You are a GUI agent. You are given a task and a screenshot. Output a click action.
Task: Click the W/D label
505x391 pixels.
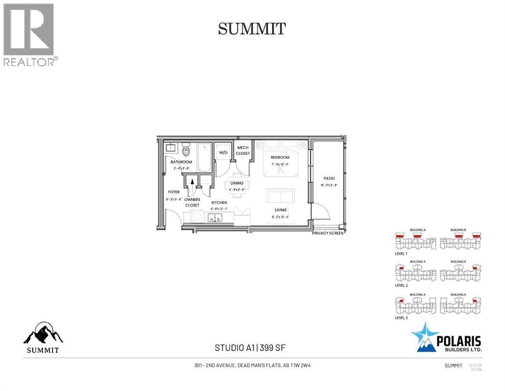(x=223, y=152)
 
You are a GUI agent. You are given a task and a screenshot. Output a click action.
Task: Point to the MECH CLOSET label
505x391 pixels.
(x=243, y=150)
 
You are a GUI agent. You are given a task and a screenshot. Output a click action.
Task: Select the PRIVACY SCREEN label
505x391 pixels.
(x=329, y=233)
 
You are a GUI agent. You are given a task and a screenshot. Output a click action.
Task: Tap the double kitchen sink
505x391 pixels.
(x=215, y=218)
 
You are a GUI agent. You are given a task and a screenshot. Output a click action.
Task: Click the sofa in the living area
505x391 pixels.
(x=281, y=196)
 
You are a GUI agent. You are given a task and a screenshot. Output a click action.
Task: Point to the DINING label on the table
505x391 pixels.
(x=237, y=183)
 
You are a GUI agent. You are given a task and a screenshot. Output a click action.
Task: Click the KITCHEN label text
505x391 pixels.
(x=219, y=203)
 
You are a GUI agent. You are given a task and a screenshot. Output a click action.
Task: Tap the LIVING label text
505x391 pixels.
(x=280, y=210)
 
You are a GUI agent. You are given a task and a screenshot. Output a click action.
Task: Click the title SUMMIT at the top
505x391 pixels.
(x=252, y=29)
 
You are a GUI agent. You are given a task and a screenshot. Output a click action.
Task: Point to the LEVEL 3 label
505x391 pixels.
(x=401, y=318)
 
